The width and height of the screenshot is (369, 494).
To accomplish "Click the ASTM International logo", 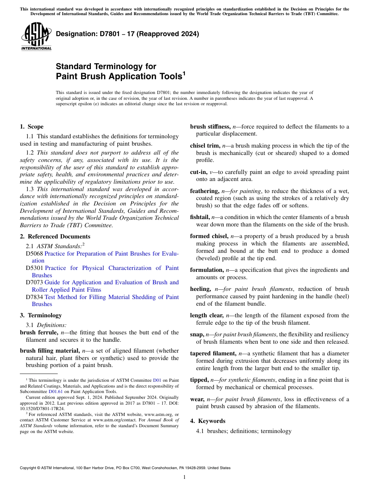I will pyautogui.click(x=36, y=37).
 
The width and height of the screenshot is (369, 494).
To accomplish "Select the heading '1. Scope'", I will pyautogui.click(x=31, y=127).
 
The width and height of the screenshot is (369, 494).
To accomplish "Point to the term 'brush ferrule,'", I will pyautogui.click(x=39, y=332).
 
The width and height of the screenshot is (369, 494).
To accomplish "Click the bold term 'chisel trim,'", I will pyautogui.click(x=205, y=146).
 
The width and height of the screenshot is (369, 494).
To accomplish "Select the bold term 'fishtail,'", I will pyautogui.click(x=200, y=217).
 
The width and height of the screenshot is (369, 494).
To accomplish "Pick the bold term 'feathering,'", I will pyautogui.click(x=205, y=191).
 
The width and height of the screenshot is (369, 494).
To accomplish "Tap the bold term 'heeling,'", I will pyautogui.click(x=200, y=289).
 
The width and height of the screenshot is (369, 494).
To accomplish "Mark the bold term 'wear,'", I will pyautogui.click(x=197, y=399).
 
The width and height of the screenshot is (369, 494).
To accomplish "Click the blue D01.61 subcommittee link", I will pyautogui.click(x=56, y=391).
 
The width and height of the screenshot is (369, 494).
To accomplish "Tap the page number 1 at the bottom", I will pyautogui.click(x=184, y=477).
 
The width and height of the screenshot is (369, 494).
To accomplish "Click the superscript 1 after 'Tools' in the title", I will pyautogui.click(x=184, y=73).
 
